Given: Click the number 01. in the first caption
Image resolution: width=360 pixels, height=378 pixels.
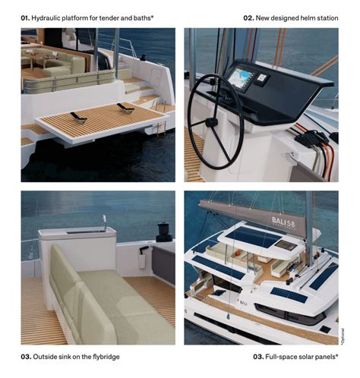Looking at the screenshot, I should click(x=26, y=16).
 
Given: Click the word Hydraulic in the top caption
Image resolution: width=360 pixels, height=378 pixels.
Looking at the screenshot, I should click(x=49, y=16).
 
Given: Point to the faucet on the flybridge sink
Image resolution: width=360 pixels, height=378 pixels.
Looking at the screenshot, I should click(x=104, y=222).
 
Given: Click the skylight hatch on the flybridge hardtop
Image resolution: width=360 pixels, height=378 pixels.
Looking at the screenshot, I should click(x=286, y=245).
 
